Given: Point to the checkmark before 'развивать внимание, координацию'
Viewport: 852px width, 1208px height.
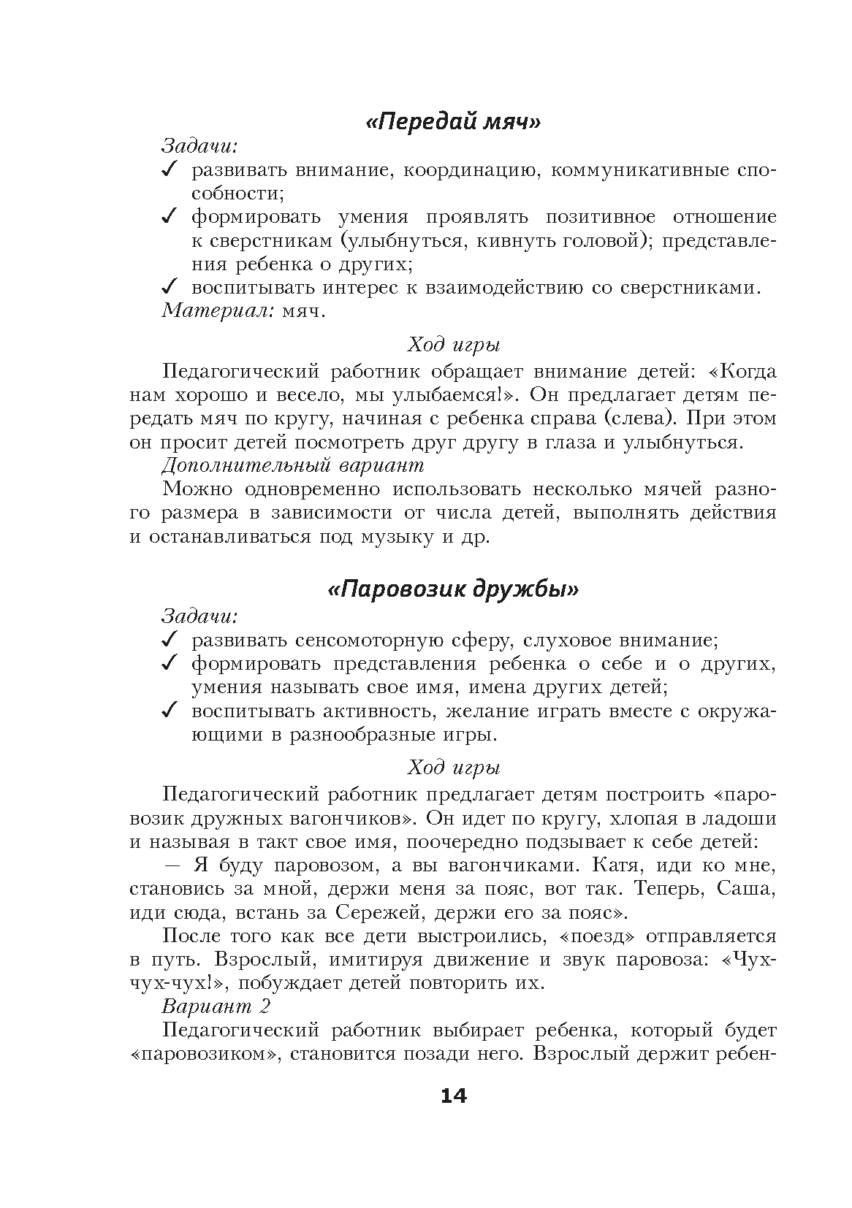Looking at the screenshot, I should [x=169, y=171].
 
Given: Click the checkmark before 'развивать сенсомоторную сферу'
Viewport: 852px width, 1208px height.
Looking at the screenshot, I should [x=169, y=640].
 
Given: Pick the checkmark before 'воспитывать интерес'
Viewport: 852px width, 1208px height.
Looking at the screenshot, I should [x=169, y=288].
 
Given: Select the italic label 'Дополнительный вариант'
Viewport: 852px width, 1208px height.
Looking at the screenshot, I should [x=293, y=465].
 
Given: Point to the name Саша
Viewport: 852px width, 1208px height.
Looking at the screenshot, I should [x=744, y=889].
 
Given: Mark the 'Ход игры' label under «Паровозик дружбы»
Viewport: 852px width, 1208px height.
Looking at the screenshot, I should [x=453, y=768].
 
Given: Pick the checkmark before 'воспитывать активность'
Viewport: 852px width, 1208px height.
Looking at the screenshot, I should [x=169, y=710].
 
